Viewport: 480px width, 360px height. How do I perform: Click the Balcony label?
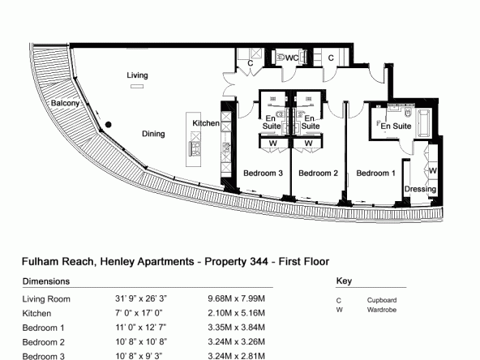coord(65,103)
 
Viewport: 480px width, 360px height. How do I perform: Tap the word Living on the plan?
coord(138,75)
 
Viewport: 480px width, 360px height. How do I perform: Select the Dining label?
coord(153,134)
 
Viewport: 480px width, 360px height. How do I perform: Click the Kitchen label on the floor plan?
coord(206,123)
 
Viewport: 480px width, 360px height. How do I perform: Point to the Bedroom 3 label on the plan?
coord(263,174)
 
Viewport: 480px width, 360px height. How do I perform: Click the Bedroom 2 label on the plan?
coord(318,174)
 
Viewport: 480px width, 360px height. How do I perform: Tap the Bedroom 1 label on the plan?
coord(375,174)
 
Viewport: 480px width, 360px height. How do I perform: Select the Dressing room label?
coord(420,189)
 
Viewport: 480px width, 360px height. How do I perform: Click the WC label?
coord(292,58)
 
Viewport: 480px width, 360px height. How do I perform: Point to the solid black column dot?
coord(109,125)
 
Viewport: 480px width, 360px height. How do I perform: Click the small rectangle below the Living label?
coord(137,86)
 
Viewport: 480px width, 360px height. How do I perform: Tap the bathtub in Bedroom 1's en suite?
coord(424,123)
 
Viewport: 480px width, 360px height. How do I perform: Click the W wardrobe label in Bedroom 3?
coord(273,144)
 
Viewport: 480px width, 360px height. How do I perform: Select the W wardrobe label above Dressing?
coord(432,170)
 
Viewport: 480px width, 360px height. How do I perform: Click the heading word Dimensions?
coord(46,281)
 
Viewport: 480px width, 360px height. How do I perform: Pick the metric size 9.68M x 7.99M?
coord(236,298)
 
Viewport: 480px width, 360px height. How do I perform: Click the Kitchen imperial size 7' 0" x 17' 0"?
coord(139,313)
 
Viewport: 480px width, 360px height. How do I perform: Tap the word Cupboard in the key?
coord(382,300)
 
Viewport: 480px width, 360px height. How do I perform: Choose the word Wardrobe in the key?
coord(382,310)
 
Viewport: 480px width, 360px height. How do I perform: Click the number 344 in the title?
coord(259,262)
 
